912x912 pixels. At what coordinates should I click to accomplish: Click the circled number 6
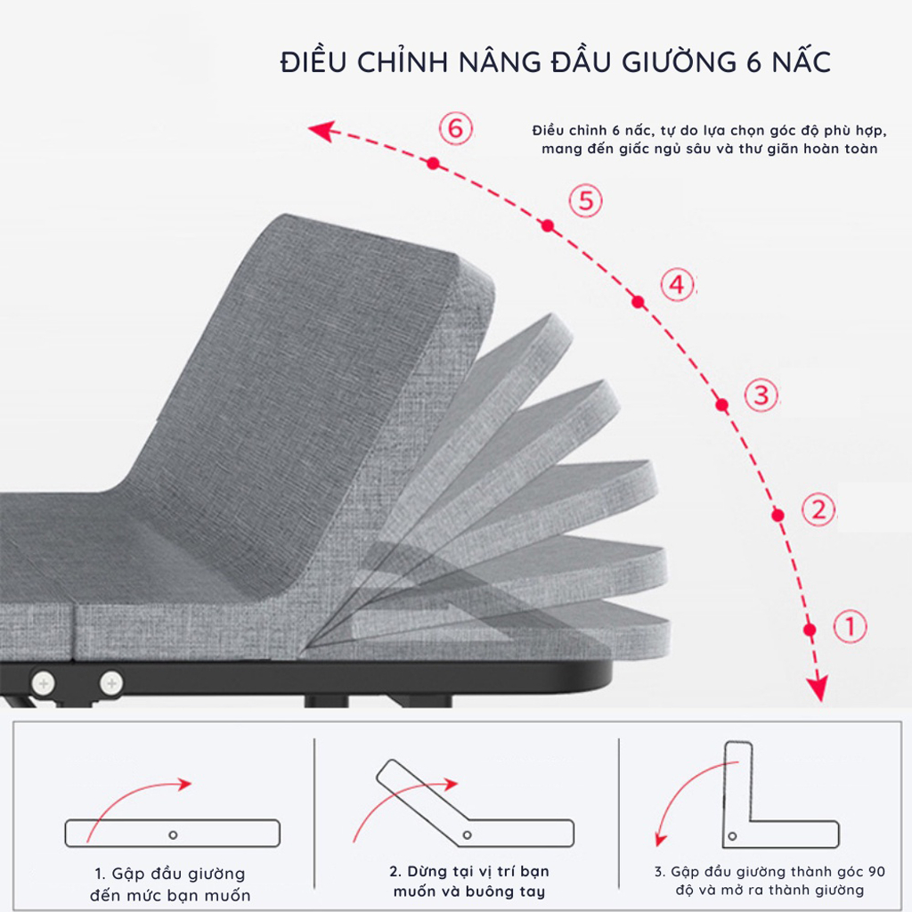pyautogui.click(x=455, y=128)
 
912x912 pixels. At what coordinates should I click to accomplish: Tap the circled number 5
pyautogui.click(x=585, y=200)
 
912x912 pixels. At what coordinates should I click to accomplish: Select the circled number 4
pyautogui.click(x=677, y=285)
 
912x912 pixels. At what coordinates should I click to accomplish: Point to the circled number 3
pyautogui.click(x=761, y=394)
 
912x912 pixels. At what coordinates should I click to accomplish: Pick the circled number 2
pyautogui.click(x=818, y=509)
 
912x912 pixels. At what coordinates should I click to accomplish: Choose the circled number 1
pyautogui.click(x=850, y=626)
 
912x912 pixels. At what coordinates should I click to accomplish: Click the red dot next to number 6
pyautogui.click(x=433, y=163)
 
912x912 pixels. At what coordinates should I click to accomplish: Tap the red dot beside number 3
pyautogui.click(x=721, y=404)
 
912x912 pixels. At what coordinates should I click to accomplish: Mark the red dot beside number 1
pyautogui.click(x=809, y=630)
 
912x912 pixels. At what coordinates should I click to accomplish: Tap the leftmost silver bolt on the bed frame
pyautogui.click(x=43, y=683)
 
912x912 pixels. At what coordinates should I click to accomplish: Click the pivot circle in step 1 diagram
pyautogui.click(x=173, y=835)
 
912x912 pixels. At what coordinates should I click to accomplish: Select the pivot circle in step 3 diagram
pyautogui.click(x=732, y=835)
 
